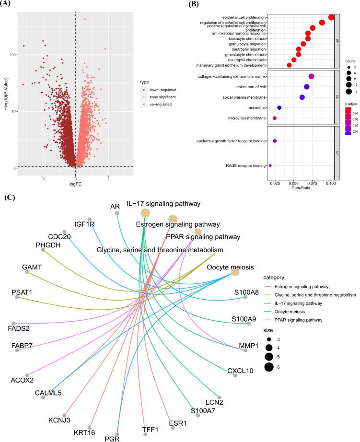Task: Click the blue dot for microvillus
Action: pyautogui.click(x=279, y=107)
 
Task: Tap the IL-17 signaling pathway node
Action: pyautogui.click(x=145, y=213)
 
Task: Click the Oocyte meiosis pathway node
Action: pyautogui.click(x=235, y=272)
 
